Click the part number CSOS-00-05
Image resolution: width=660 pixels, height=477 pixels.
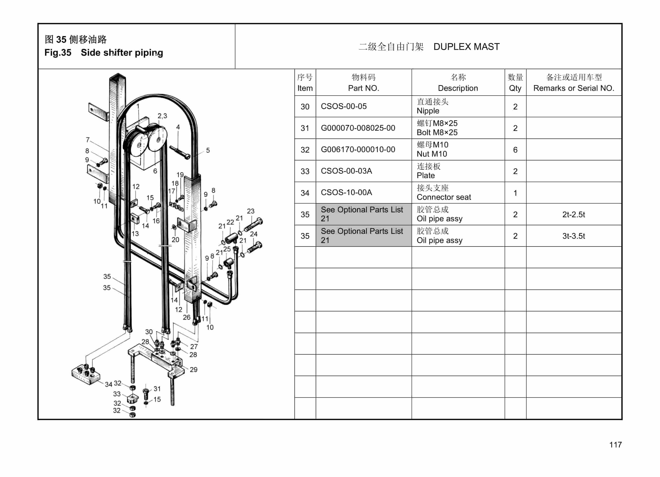343,106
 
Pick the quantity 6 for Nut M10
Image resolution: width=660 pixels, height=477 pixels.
515,150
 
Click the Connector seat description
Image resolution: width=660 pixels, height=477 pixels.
444,197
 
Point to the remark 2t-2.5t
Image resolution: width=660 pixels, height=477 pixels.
573,215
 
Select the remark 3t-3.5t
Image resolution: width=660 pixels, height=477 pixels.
573,236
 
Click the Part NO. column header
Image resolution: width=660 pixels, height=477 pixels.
363,88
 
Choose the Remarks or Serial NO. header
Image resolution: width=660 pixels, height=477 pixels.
574,88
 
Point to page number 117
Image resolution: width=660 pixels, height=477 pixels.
615,445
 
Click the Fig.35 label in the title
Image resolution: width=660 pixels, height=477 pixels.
58,53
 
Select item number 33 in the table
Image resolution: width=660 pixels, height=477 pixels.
305,171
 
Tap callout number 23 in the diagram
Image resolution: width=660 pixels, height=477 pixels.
251,211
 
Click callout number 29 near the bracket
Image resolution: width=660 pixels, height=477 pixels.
193,370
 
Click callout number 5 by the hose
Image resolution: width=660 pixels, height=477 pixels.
208,150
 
